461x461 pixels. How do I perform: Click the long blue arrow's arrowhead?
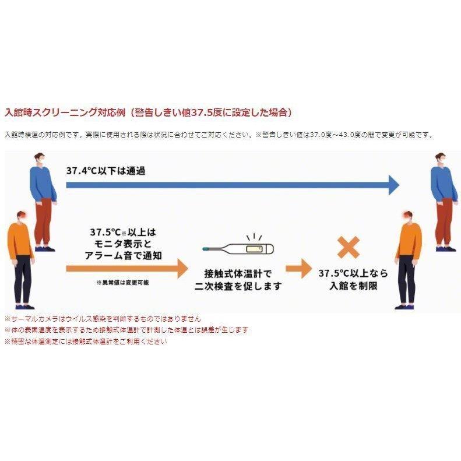click(x=394, y=185)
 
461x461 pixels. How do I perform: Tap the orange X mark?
click(x=349, y=247)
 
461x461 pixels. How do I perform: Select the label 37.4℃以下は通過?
click(x=106, y=171)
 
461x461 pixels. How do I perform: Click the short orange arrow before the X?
click(x=299, y=268)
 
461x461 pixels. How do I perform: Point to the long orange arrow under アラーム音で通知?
click(x=127, y=268)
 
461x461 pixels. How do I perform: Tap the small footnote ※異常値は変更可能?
click(x=122, y=283)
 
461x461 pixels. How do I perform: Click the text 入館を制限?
click(x=353, y=286)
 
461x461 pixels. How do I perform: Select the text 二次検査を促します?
click(x=238, y=286)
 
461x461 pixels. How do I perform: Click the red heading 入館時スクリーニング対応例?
click(x=65, y=112)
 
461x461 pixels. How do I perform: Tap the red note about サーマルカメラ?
click(x=103, y=319)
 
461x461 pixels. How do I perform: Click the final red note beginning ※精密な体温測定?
click(x=86, y=342)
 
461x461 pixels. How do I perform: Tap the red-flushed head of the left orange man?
click(x=22, y=216)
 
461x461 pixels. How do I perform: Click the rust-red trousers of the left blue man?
click(x=43, y=221)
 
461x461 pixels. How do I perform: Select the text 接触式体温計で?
click(x=238, y=274)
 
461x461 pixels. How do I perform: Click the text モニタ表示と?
click(x=123, y=244)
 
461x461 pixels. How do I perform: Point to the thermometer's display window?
click(x=254, y=249)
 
